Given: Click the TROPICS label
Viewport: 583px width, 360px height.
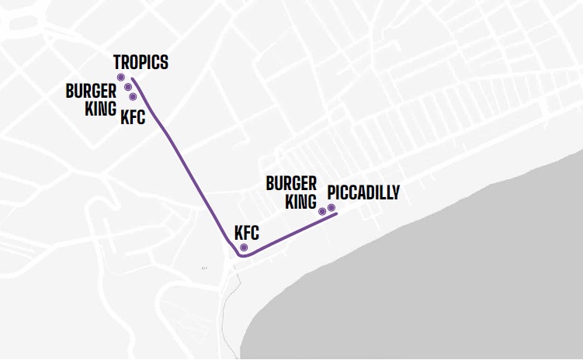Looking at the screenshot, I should coord(141,62).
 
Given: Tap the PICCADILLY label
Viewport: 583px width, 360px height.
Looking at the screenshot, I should coord(363,192).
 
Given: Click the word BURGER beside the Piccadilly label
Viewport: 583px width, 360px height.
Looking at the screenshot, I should coord(291,184).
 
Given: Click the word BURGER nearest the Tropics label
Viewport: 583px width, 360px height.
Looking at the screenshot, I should coord(91,91).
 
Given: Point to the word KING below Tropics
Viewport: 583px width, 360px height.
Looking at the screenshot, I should coord(100,108).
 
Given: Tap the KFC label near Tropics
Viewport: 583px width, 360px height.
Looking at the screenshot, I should coord(133,118).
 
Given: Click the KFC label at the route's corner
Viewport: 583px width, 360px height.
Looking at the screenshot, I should coord(246,232).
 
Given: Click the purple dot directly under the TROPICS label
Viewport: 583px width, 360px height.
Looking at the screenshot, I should coord(120,78).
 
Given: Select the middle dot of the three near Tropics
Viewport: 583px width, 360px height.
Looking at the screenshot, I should coord(128,88).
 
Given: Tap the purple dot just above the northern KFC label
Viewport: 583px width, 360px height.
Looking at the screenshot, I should coord(134,97).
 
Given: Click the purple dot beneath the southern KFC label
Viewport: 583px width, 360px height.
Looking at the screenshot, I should coord(244,247).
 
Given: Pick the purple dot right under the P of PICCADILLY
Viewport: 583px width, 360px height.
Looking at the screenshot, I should coord(331,208).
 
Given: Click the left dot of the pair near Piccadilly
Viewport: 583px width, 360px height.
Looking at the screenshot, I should coord(322,210).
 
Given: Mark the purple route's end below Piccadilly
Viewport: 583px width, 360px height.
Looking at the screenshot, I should coord(335,215).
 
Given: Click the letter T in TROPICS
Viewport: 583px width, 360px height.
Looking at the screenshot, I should coord(118,62).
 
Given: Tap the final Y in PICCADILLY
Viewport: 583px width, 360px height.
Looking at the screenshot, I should coord(395,192).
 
